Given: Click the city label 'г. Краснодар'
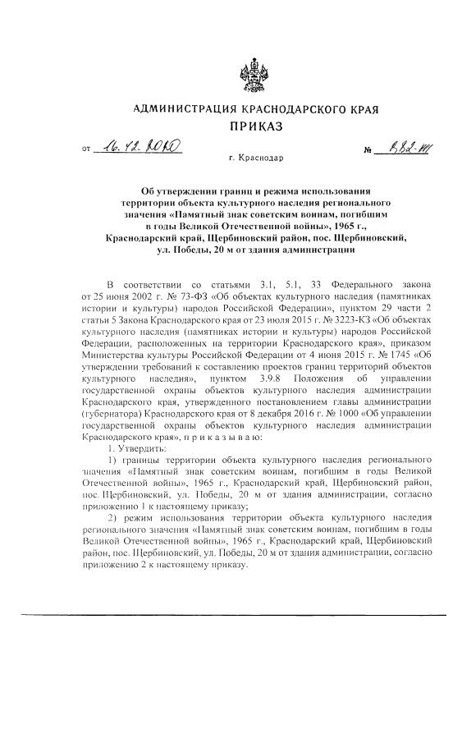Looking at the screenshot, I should click(x=256, y=156).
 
